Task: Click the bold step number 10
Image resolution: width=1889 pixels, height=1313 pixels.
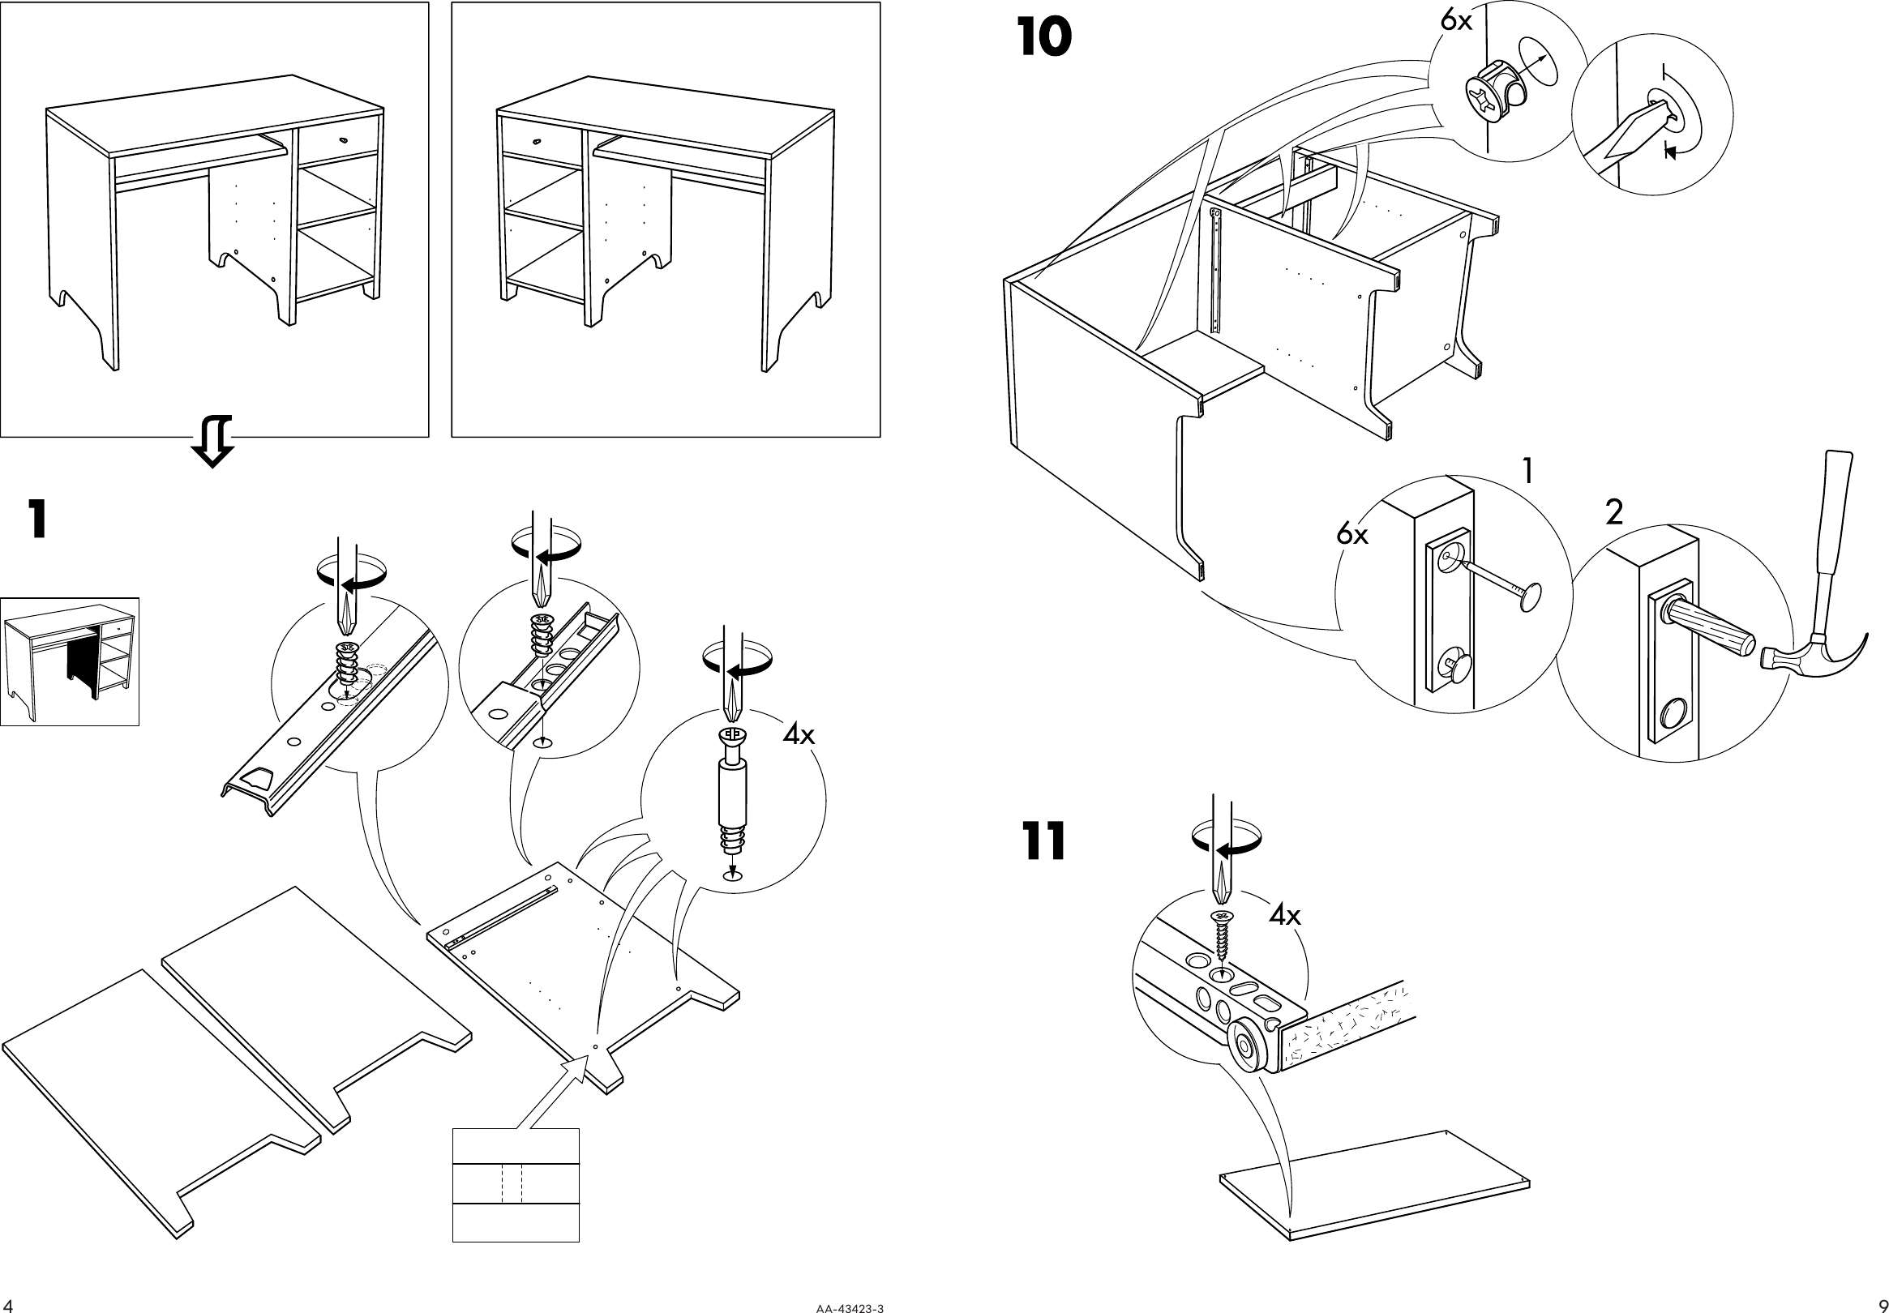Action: [1044, 39]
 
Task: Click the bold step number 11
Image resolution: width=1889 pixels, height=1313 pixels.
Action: [1043, 841]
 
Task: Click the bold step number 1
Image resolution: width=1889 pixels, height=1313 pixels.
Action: [36, 520]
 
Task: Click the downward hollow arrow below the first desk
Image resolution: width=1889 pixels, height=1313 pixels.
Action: [212, 441]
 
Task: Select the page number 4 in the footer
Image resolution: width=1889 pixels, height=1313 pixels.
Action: [8, 1305]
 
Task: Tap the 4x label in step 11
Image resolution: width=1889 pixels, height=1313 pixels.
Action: [1284, 916]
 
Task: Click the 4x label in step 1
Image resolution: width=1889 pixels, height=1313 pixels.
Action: [798, 733]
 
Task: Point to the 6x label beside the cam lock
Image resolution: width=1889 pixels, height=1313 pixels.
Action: [1455, 20]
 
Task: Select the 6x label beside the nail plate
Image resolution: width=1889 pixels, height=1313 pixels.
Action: [1351, 535]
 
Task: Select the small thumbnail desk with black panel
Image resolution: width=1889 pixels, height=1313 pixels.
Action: [69, 661]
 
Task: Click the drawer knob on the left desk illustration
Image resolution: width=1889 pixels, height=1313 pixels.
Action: [341, 142]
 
